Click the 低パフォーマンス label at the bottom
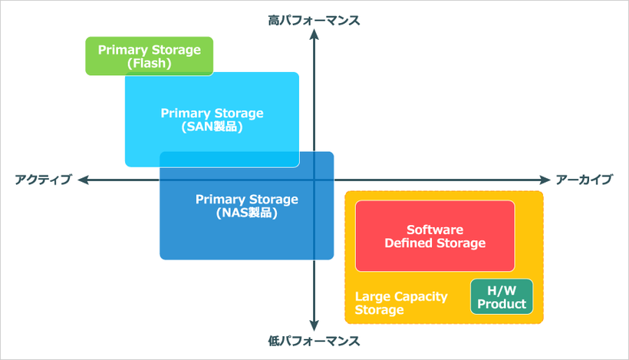pyautogui.click(x=314, y=339)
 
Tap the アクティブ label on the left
pyautogui.click(x=43, y=180)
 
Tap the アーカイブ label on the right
pyautogui.click(x=585, y=180)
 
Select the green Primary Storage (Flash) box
pyautogui.click(x=149, y=56)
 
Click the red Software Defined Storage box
pyautogui.click(x=435, y=236)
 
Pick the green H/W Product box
pyautogui.click(x=501, y=296)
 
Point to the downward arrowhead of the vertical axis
pyautogui.click(x=314, y=325)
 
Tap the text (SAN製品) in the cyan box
pyautogui.click(x=212, y=127)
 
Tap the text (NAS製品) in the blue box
pyautogui.click(x=246, y=213)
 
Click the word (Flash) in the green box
pyautogui.click(x=149, y=64)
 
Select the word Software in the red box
pyautogui.click(x=435, y=229)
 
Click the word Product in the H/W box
pyautogui.click(x=501, y=304)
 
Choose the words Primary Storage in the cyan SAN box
pyautogui.click(x=212, y=113)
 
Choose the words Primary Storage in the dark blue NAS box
pyautogui.click(x=246, y=200)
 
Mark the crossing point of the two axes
pyautogui.click(x=314, y=180)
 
